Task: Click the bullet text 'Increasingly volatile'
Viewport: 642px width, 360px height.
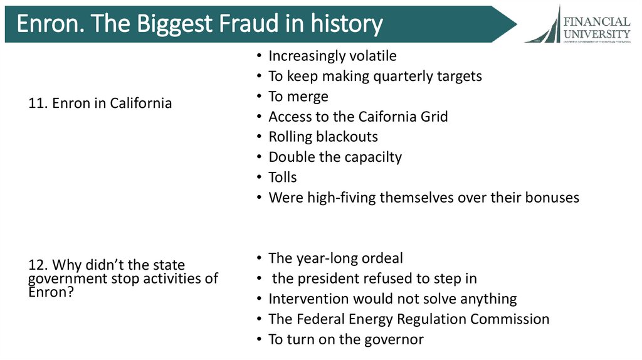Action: (x=332, y=56)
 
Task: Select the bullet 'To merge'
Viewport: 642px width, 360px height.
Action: (x=298, y=97)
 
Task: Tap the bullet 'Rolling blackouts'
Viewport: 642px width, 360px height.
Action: (x=323, y=137)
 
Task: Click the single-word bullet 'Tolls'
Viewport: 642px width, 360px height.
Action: (x=283, y=177)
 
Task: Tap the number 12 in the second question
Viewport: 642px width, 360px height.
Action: (x=36, y=265)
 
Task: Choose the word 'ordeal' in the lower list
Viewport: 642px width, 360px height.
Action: (x=381, y=258)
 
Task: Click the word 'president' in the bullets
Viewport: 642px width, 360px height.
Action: (x=327, y=278)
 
